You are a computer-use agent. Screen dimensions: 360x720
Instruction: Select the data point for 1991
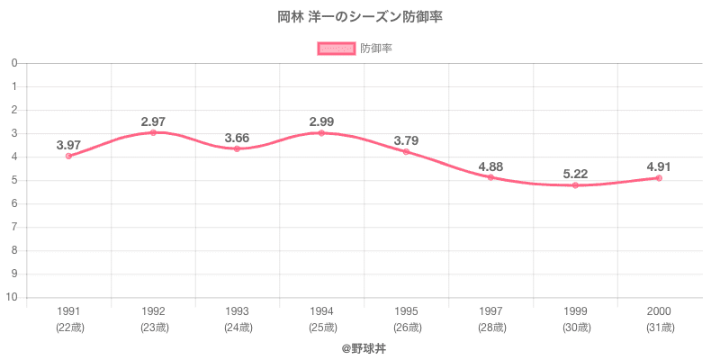68,156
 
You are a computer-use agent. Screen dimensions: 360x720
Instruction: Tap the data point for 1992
153,132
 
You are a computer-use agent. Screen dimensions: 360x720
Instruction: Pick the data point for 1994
321,133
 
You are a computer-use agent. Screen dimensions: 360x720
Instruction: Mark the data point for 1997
490,177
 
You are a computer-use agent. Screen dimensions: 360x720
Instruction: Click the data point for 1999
574,185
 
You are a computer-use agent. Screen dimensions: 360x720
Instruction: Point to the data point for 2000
659,178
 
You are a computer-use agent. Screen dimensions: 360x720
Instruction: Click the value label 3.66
237,138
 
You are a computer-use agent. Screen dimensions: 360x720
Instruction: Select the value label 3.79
406,140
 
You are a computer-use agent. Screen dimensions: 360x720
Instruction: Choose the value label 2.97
153,121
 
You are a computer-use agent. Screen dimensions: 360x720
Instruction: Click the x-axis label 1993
237,311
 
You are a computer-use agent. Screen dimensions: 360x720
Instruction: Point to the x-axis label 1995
406,311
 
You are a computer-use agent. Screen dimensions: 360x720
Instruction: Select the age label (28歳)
490,328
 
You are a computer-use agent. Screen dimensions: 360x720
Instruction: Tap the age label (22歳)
68,328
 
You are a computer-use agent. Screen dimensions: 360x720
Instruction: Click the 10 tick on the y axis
13,297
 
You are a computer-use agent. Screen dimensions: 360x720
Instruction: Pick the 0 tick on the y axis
15,63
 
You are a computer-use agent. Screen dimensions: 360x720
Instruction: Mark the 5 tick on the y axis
15,180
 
